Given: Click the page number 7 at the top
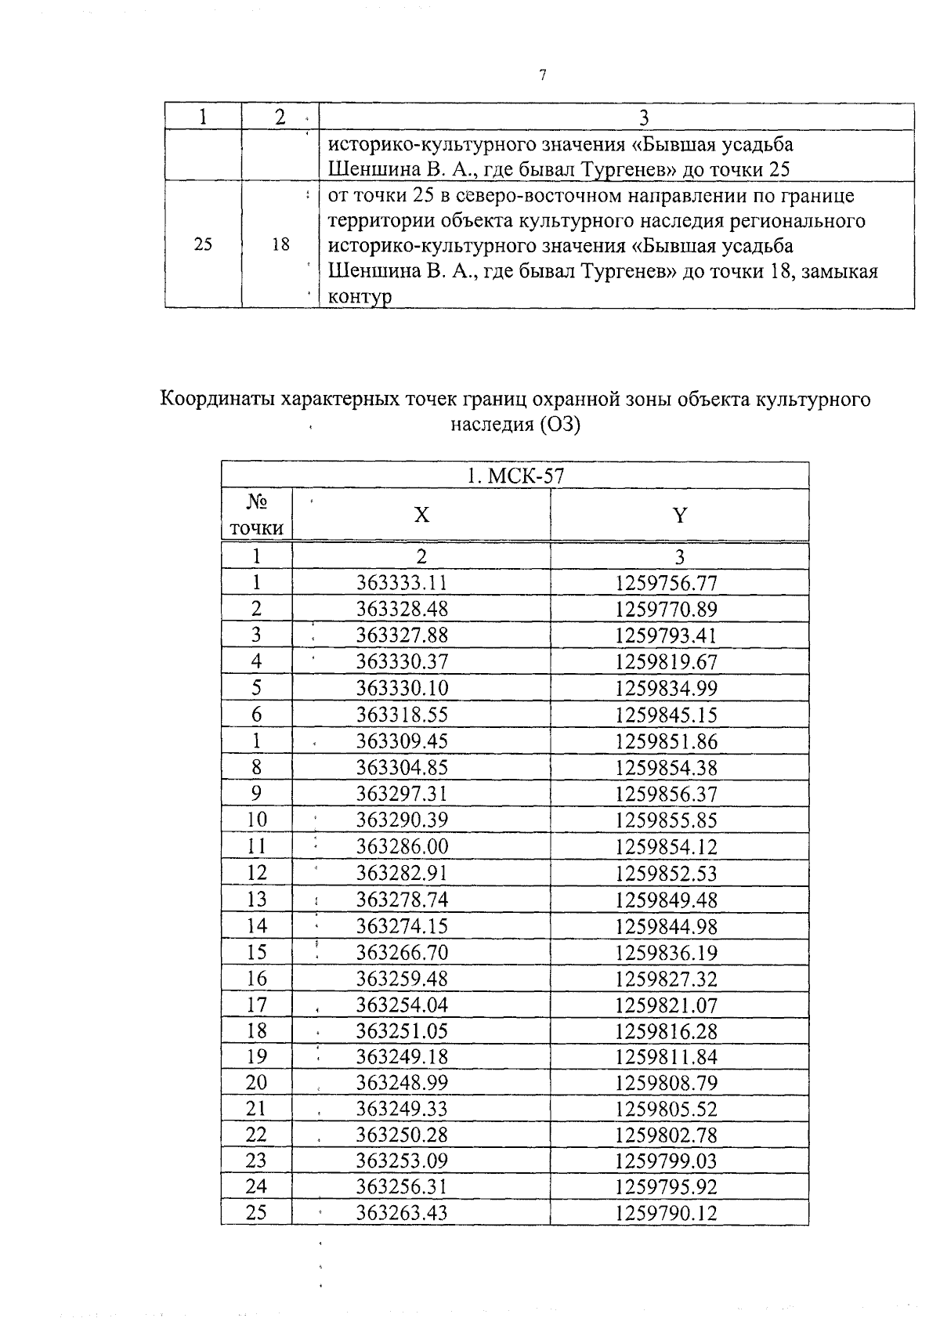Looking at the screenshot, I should (x=542, y=75).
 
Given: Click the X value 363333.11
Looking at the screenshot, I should (x=402, y=583).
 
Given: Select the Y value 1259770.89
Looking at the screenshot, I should (x=666, y=610).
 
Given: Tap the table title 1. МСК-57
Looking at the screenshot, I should (x=515, y=476).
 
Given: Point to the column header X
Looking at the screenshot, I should (x=421, y=515).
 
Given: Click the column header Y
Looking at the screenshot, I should (x=679, y=515).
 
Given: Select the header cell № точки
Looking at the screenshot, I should (x=256, y=515).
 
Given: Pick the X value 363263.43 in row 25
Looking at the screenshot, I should (x=402, y=1213).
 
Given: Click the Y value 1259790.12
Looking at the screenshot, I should (x=666, y=1214).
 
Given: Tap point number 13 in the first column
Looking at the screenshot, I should (x=256, y=899).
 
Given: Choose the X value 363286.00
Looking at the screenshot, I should (x=402, y=846).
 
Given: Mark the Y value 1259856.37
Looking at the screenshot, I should (x=666, y=794).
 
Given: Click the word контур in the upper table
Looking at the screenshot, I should (x=358, y=297).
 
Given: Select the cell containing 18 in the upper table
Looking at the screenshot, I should (x=280, y=244).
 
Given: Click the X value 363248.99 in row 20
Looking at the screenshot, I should (x=402, y=1082).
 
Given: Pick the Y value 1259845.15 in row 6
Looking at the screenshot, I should (x=666, y=715).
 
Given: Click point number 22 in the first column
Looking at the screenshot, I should (x=256, y=1135).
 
